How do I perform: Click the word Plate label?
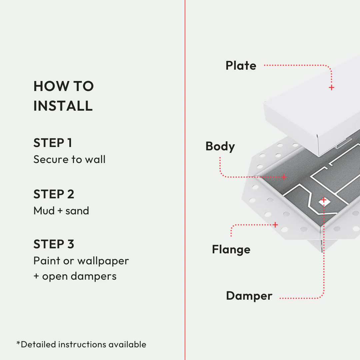click(241, 66)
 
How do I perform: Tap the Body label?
click(220, 146)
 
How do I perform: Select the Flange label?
click(231, 249)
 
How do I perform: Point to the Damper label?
click(249, 296)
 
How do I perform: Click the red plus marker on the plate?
click(331, 88)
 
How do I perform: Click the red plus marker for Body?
click(284, 177)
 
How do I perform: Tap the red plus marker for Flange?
click(275, 225)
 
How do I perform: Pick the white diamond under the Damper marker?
click(323, 201)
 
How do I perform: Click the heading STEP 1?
click(53, 143)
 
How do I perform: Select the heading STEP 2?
click(54, 194)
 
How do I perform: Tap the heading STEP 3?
click(54, 244)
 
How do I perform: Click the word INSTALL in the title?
click(63, 106)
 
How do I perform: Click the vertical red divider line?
click(185, 180)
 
